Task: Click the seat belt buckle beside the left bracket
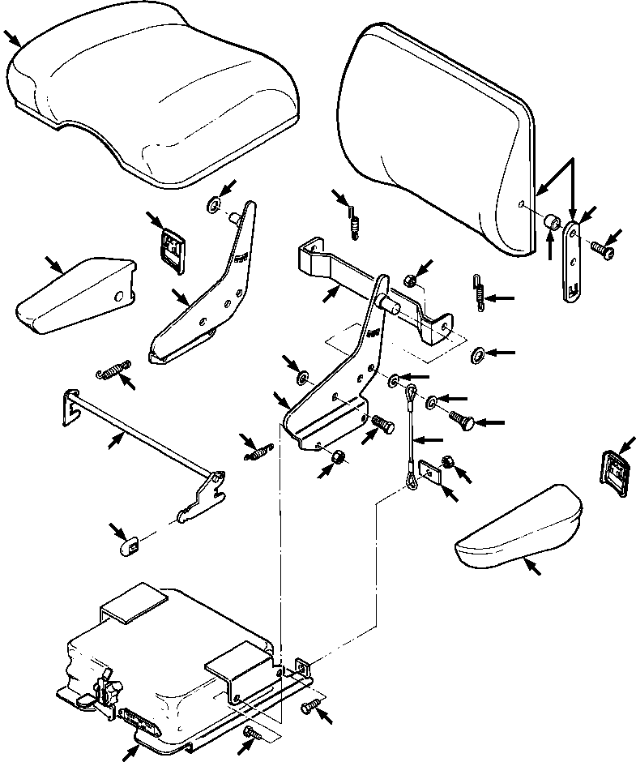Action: pos(171,243)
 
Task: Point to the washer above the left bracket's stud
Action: pos(213,203)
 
